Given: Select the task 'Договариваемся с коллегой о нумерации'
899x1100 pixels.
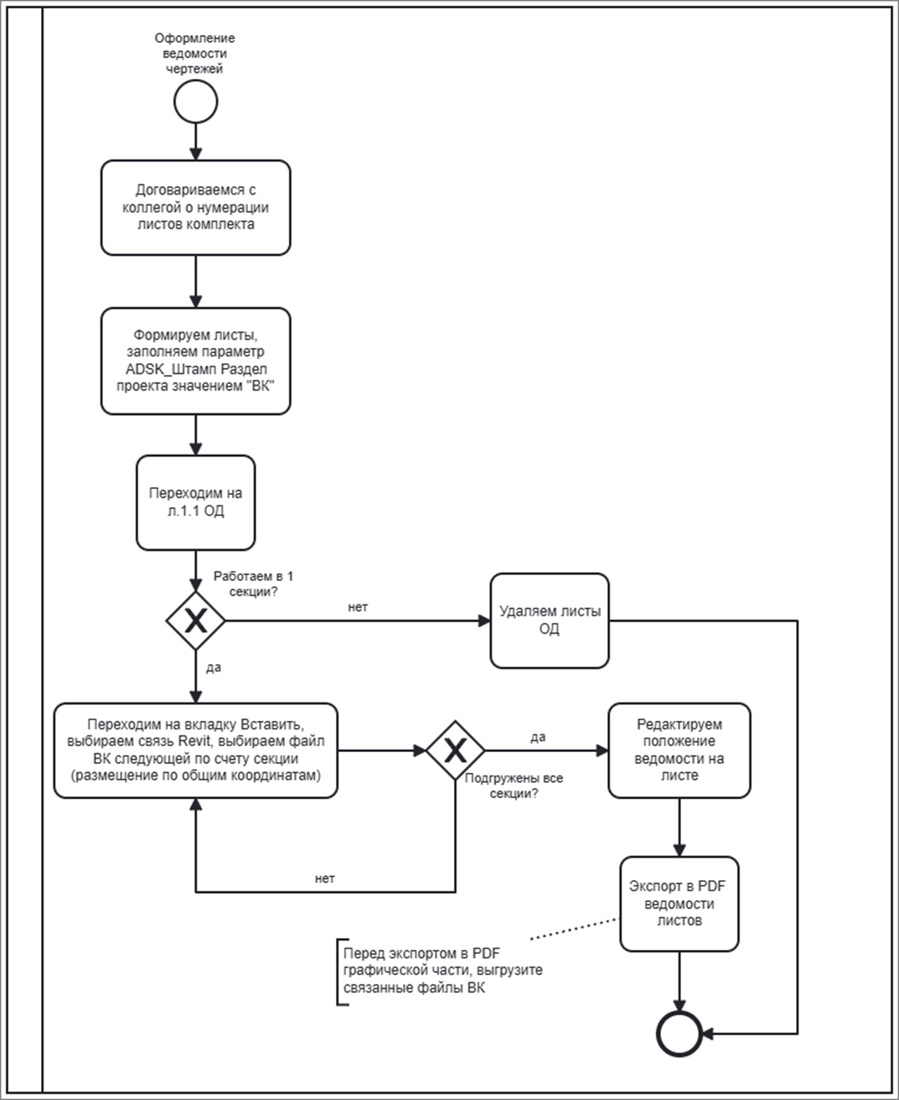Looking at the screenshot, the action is pyautogui.click(x=195, y=208).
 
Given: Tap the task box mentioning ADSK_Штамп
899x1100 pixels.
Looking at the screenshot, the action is pyautogui.click(x=195, y=361).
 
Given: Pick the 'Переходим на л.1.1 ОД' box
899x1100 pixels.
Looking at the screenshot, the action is pyautogui.click(x=195, y=502).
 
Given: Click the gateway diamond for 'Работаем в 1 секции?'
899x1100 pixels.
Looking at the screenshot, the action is pyautogui.click(x=195, y=620).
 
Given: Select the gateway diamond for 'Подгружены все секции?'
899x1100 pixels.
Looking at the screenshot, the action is pyautogui.click(x=456, y=750).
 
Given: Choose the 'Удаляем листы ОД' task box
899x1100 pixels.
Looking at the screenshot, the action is pyautogui.click(x=550, y=620).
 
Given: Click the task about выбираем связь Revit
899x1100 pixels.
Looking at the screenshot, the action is pyautogui.click(x=195, y=750).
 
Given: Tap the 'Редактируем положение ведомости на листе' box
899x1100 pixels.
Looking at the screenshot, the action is pyautogui.click(x=679, y=750).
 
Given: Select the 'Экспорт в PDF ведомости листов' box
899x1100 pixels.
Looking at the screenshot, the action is pyautogui.click(x=679, y=904).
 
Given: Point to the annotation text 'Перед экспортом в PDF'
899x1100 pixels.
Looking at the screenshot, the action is pyautogui.click(x=421, y=953).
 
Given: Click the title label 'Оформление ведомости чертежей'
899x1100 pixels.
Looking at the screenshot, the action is pyautogui.click(x=195, y=53).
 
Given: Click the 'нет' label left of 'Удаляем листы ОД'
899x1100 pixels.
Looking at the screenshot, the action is pyautogui.click(x=358, y=607).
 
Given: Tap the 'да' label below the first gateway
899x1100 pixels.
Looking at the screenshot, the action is pyautogui.click(x=214, y=667).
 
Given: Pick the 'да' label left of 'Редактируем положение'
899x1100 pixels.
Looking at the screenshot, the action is pyautogui.click(x=538, y=737).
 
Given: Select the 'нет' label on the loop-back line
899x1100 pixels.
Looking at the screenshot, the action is pyautogui.click(x=325, y=879).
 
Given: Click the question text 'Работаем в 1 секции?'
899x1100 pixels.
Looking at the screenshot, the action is pyautogui.click(x=253, y=584).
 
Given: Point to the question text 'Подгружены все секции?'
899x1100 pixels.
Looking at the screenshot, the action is pyautogui.click(x=514, y=786).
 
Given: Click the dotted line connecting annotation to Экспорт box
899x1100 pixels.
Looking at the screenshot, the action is pyautogui.click(x=574, y=929).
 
